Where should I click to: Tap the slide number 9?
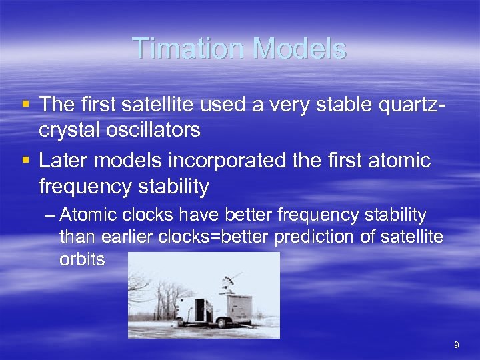point(456,345)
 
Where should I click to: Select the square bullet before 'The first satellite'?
point(25,105)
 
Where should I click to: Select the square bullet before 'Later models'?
point(25,161)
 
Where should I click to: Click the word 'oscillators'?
point(151,129)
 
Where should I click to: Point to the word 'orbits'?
point(82,259)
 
